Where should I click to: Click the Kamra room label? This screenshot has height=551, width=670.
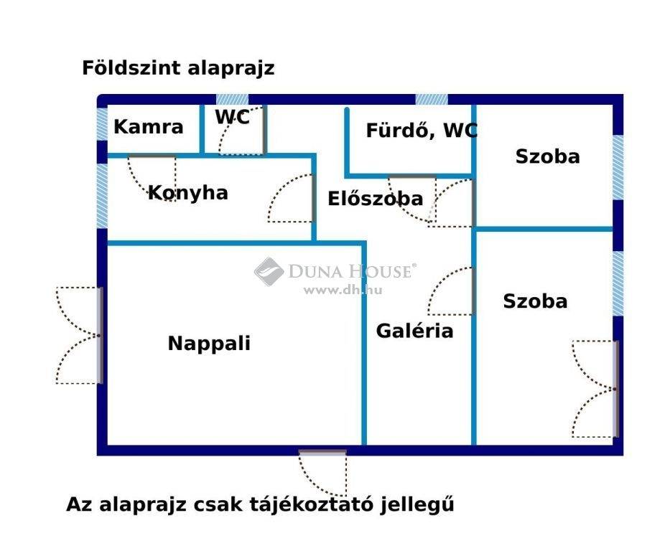click(x=148, y=127)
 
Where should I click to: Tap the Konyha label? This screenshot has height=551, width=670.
click(x=187, y=193)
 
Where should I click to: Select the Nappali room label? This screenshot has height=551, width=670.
click(x=209, y=344)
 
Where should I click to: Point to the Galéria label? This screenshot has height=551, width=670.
click(x=414, y=331)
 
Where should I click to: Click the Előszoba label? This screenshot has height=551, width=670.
click(x=375, y=199)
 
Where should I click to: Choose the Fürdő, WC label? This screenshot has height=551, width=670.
click(x=422, y=131)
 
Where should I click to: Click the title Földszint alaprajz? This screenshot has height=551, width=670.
click(x=178, y=68)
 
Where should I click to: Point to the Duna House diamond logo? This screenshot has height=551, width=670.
click(x=269, y=271)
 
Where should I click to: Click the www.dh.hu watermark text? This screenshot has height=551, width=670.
click(x=343, y=291)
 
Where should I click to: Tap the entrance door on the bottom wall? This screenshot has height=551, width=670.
click(x=322, y=473)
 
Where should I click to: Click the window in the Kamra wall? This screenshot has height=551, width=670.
click(x=102, y=124)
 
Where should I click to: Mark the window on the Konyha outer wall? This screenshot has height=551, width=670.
click(x=102, y=196)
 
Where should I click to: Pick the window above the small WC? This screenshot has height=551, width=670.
click(x=232, y=100)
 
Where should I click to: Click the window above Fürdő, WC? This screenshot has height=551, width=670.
click(x=432, y=100)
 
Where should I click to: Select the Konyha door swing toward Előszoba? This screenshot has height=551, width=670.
click(x=292, y=198)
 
